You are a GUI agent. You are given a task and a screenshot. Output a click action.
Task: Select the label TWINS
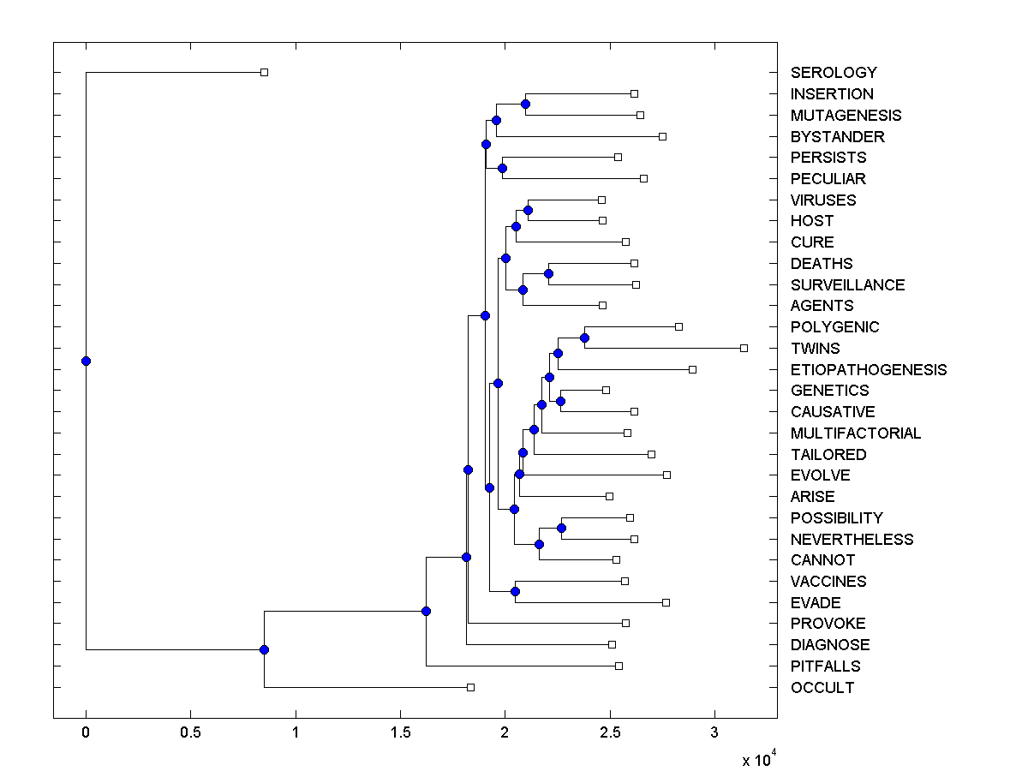[x=815, y=349]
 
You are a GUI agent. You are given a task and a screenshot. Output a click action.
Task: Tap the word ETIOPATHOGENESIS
[x=869, y=370]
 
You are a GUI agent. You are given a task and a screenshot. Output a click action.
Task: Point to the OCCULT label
[x=822, y=688]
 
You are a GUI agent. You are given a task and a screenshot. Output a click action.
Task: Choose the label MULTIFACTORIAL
[x=856, y=433]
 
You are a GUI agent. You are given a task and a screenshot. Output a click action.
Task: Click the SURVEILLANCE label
[x=847, y=285]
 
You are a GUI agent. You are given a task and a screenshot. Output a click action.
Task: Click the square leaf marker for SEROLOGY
[x=264, y=72]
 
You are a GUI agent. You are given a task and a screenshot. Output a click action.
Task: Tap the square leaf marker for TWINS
[x=744, y=348]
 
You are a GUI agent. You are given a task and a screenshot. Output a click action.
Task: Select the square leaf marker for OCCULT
[x=470, y=687]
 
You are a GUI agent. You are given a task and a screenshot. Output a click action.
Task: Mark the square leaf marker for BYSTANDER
[x=662, y=136]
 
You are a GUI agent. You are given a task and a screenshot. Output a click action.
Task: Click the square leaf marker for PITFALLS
[x=619, y=666]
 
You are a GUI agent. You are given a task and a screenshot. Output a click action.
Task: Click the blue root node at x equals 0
[x=86, y=361]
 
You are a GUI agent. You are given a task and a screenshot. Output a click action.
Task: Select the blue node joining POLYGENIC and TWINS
[x=584, y=338]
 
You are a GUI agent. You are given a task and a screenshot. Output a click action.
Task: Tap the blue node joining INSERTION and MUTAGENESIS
[x=525, y=104]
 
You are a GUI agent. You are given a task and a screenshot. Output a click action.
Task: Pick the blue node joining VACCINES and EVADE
[x=515, y=591]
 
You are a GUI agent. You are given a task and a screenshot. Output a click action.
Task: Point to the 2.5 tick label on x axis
[x=609, y=733]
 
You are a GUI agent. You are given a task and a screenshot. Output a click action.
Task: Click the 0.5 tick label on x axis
[x=190, y=733]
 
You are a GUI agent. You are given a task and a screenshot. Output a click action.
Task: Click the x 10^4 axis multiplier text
[x=759, y=759]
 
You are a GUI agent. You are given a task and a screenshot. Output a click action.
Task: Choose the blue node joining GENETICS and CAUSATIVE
[x=561, y=401]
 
